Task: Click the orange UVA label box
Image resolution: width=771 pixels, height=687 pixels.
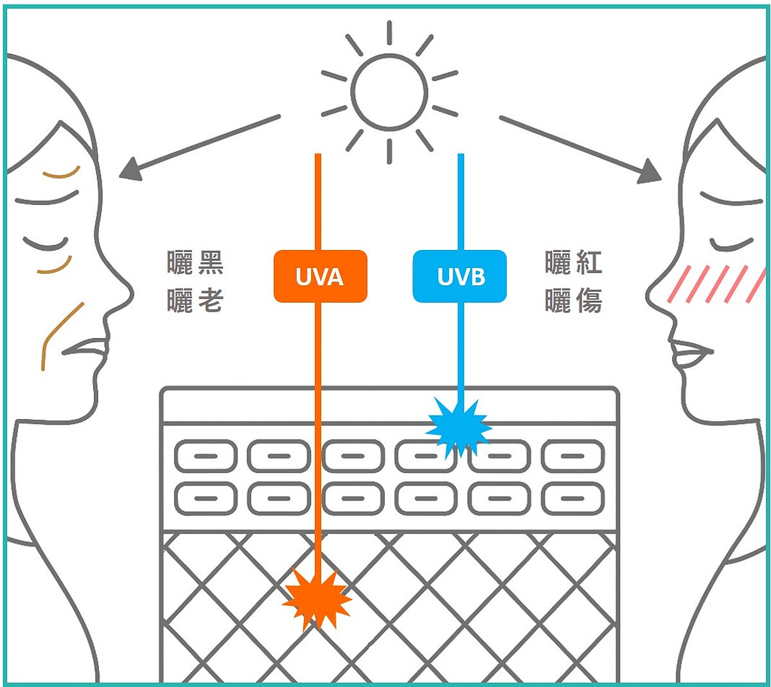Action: tap(320, 276)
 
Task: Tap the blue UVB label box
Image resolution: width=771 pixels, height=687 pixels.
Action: tap(459, 276)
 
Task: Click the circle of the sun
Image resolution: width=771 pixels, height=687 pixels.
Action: tap(389, 92)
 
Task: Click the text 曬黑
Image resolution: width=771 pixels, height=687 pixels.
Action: tap(195, 263)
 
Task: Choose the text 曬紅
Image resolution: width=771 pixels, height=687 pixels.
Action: tap(573, 263)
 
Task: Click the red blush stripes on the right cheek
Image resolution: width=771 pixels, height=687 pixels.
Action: tap(716, 284)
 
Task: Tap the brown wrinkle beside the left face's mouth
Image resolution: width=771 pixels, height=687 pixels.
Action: tap(58, 334)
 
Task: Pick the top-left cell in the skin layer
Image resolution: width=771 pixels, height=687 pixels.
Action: tap(206, 456)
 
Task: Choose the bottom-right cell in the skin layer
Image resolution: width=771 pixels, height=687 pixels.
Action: tap(572, 499)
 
